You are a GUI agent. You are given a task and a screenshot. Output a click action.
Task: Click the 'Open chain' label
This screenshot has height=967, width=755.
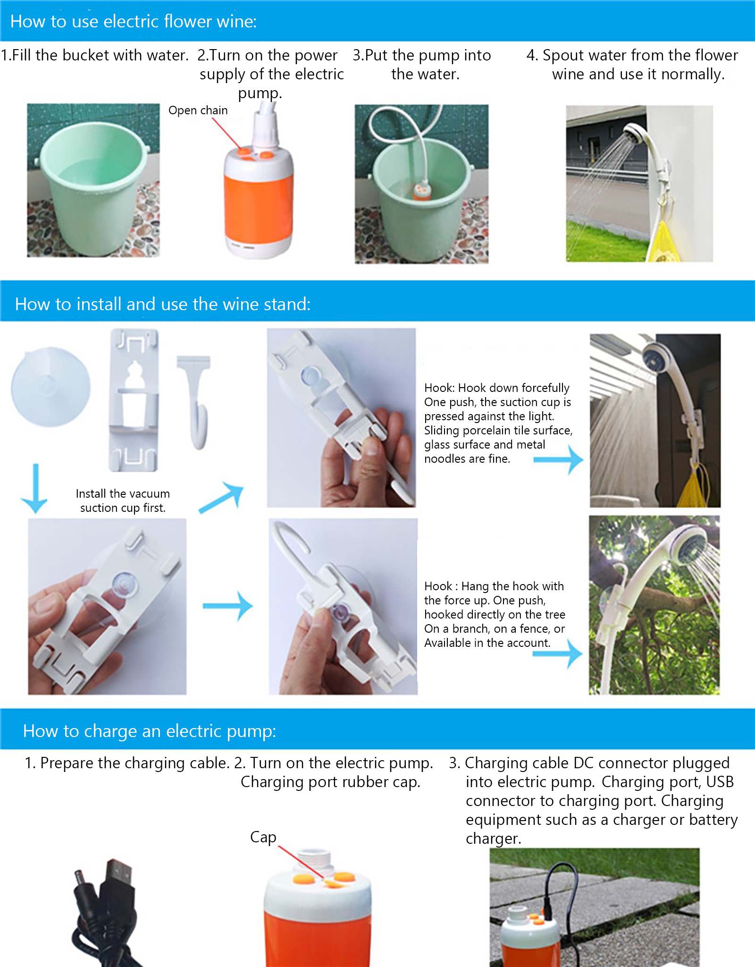click(198, 110)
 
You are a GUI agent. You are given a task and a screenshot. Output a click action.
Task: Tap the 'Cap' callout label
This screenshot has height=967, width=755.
click(263, 837)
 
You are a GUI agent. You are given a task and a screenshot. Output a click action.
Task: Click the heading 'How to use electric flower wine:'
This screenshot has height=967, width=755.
click(134, 22)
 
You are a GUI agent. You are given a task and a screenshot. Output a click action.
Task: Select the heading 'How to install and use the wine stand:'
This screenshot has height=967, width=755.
click(163, 304)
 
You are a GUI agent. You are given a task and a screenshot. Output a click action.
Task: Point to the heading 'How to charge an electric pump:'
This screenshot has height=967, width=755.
click(150, 731)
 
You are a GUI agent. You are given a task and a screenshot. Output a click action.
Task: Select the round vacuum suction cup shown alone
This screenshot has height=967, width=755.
click(51, 387)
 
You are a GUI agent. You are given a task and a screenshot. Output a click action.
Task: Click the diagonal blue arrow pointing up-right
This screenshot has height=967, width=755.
click(220, 497)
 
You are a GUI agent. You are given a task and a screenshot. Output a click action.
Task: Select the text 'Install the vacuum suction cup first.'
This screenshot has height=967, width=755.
click(123, 500)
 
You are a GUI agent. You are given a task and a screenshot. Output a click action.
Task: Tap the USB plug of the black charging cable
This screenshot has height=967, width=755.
click(117, 878)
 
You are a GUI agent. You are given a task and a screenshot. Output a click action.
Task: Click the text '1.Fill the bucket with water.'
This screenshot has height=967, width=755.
click(94, 55)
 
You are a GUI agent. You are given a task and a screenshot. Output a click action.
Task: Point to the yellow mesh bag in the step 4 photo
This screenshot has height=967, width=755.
click(663, 241)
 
